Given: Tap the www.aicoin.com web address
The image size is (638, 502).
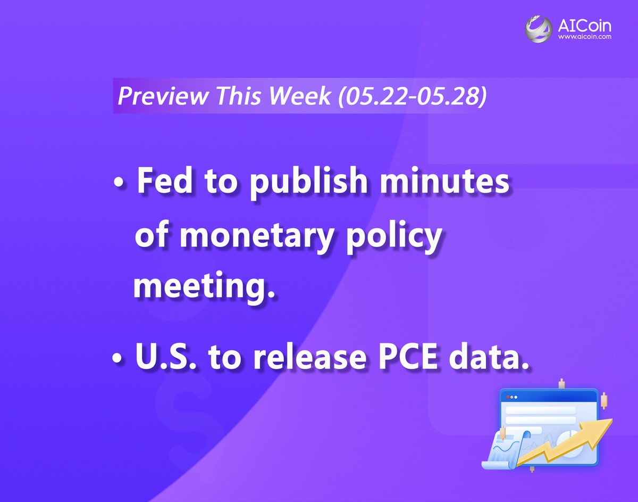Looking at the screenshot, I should point(584,38).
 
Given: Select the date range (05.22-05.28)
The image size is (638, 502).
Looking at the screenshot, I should point(412,96).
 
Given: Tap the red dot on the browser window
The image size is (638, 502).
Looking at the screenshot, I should point(508,397).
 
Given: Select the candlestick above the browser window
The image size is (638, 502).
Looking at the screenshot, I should point(561,383).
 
